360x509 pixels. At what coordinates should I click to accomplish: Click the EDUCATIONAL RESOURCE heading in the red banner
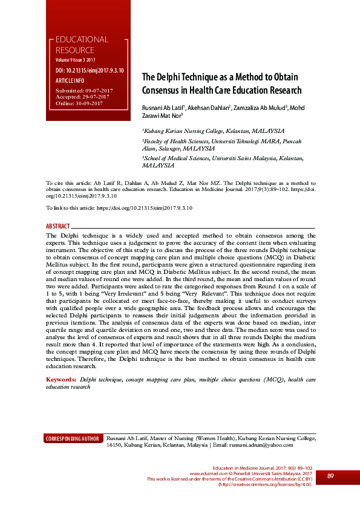pos(82,45)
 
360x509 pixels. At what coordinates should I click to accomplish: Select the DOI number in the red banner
pos(90,71)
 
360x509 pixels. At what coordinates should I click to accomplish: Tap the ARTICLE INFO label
pos(70,80)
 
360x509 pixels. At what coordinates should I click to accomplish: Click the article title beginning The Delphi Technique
pos(221,84)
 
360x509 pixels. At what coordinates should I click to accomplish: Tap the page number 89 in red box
pos(330,476)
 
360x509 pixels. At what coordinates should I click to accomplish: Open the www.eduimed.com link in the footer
pos(207,473)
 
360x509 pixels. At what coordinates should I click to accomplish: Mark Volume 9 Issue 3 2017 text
pos(76,61)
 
